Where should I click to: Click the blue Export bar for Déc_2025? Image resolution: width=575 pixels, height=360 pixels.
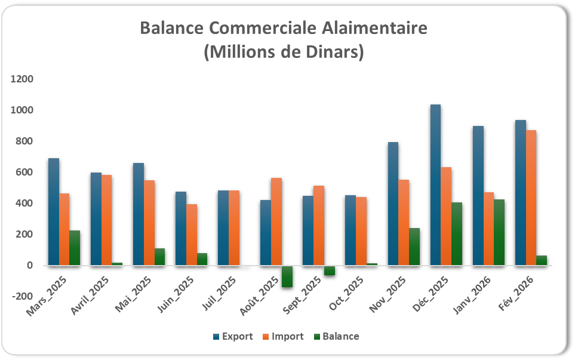[435, 184]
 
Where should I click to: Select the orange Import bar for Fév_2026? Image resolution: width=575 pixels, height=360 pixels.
[531, 198]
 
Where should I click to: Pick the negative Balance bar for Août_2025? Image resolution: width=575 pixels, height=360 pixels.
[287, 276]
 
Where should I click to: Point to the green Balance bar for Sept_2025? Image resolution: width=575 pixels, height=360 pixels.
[330, 270]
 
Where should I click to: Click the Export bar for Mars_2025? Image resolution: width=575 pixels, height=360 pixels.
[54, 211]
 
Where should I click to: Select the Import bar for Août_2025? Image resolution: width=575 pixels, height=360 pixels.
[276, 221]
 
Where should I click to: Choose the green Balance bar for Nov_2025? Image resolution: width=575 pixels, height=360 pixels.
[414, 247]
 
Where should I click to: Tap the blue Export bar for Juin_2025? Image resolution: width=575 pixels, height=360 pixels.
[181, 228]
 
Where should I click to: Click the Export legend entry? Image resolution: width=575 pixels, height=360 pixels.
[233, 336]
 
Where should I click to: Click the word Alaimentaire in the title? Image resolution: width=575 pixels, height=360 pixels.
[372, 28]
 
